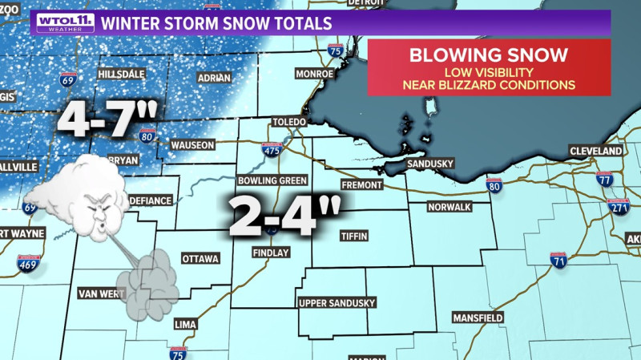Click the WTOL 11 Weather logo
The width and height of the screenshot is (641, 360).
pos(64,22)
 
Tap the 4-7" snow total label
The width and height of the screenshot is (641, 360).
pos(106,120)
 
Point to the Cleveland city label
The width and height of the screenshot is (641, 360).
pos(596,151)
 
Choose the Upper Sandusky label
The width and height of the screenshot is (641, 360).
pos(336,303)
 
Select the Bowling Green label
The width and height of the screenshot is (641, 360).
pos(272,180)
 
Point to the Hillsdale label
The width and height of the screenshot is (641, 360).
pos(120,74)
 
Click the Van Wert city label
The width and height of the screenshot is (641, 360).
pos(99,293)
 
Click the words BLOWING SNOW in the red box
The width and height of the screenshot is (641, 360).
pos(489,55)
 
